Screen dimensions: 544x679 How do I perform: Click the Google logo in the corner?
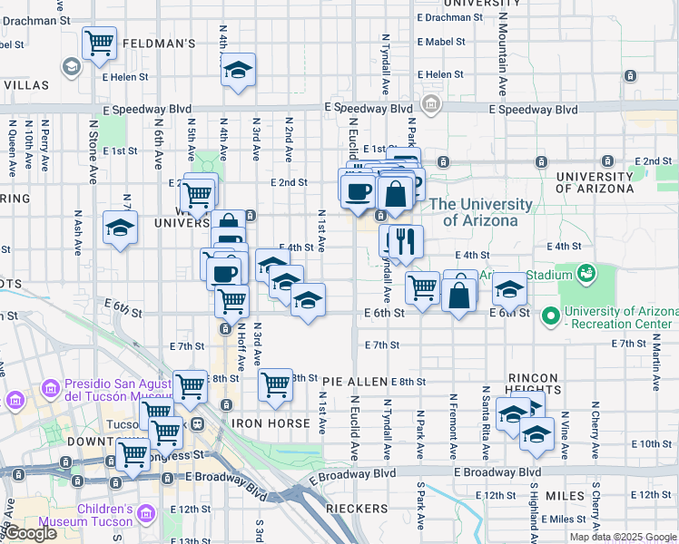pos(30,533)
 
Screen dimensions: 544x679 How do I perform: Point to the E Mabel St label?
pos(441,42)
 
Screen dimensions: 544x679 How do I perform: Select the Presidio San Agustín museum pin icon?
pos(15,400)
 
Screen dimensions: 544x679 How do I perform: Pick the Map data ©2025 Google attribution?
pos(623,537)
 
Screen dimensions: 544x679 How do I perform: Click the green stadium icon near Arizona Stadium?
pos(586,272)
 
